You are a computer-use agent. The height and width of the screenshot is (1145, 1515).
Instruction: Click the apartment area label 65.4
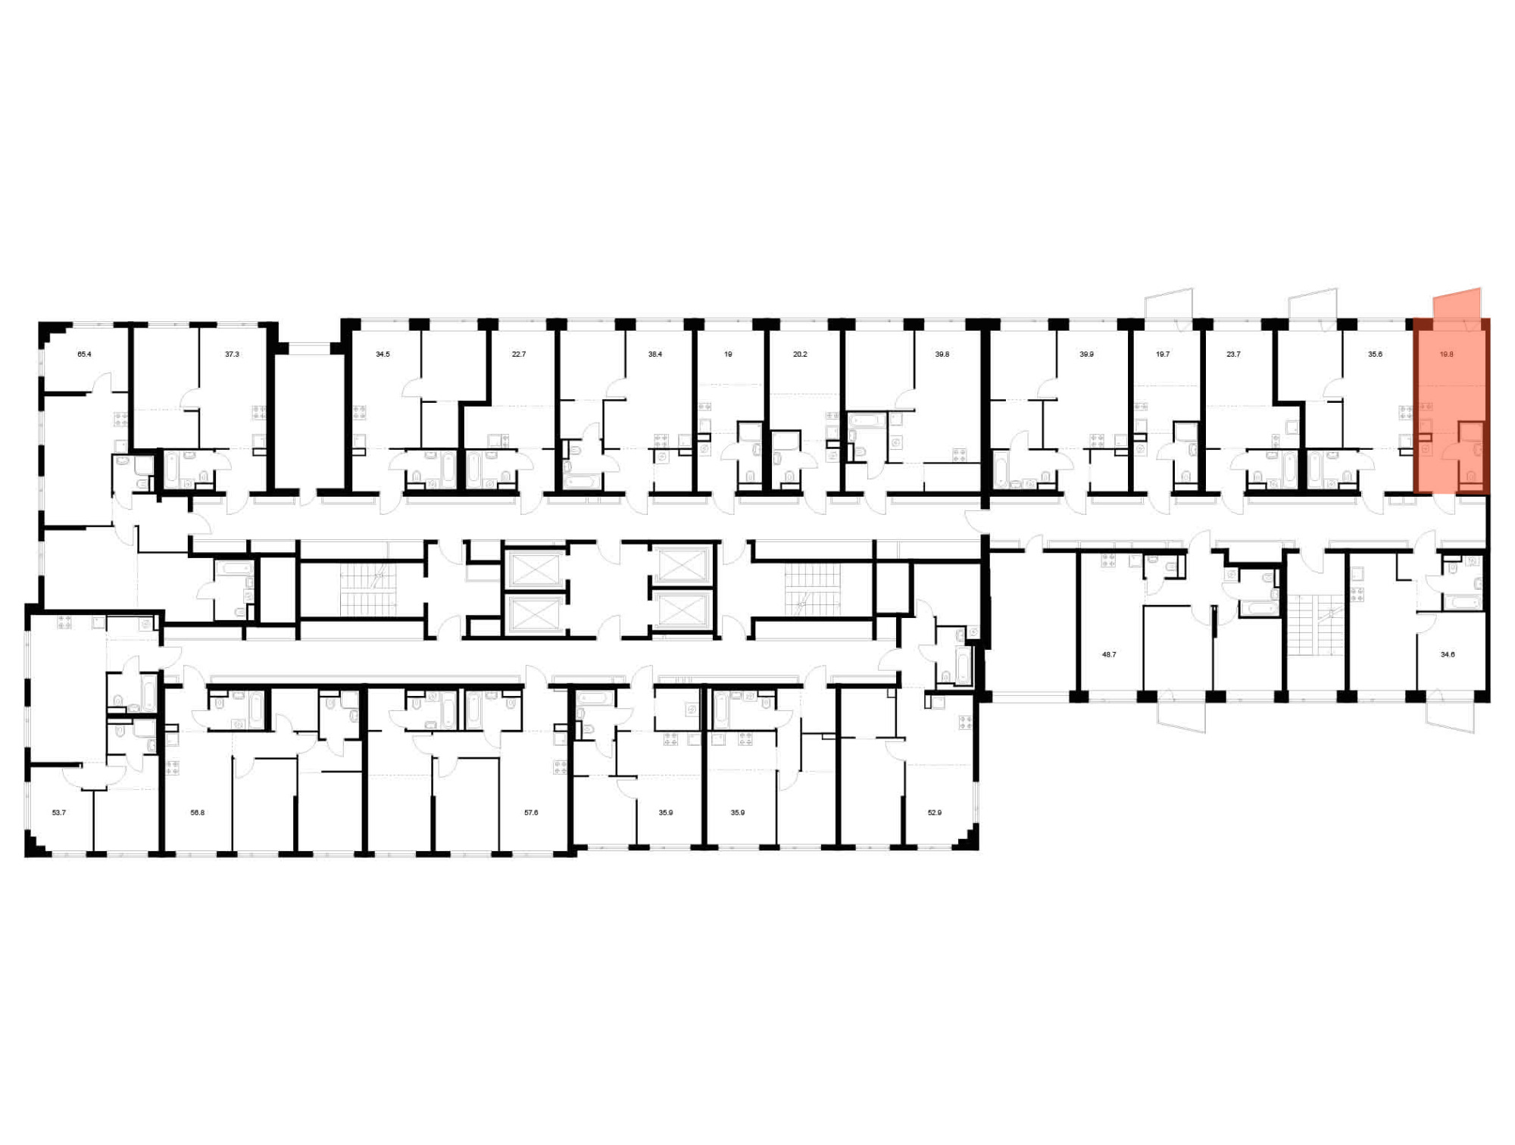(84, 354)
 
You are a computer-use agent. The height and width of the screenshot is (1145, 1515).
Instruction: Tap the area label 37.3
(232, 354)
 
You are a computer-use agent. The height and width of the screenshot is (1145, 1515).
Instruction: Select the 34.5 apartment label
(383, 354)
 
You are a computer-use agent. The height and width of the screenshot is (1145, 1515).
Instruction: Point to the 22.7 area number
(518, 354)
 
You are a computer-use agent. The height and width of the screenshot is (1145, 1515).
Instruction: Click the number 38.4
(654, 354)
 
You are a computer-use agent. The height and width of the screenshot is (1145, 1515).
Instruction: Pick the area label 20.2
(800, 354)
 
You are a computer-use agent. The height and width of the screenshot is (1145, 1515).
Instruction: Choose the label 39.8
(942, 354)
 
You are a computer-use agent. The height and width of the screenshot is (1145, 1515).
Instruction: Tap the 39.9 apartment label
(1086, 354)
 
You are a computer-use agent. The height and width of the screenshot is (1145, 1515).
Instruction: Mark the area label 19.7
(1163, 354)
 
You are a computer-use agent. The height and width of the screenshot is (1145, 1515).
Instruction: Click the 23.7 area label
(1233, 354)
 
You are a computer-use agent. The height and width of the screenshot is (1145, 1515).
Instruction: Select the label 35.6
(1375, 354)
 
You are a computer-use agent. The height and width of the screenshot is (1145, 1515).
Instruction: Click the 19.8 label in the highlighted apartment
(1446, 354)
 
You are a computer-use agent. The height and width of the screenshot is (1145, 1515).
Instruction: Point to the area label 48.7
(1109, 654)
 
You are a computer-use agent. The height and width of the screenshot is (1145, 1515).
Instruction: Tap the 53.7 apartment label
(59, 813)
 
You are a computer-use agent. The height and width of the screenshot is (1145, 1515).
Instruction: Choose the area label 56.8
(197, 813)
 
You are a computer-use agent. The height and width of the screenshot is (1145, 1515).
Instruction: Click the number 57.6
(531, 813)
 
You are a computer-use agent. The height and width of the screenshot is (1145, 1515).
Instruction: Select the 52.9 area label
(935, 813)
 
